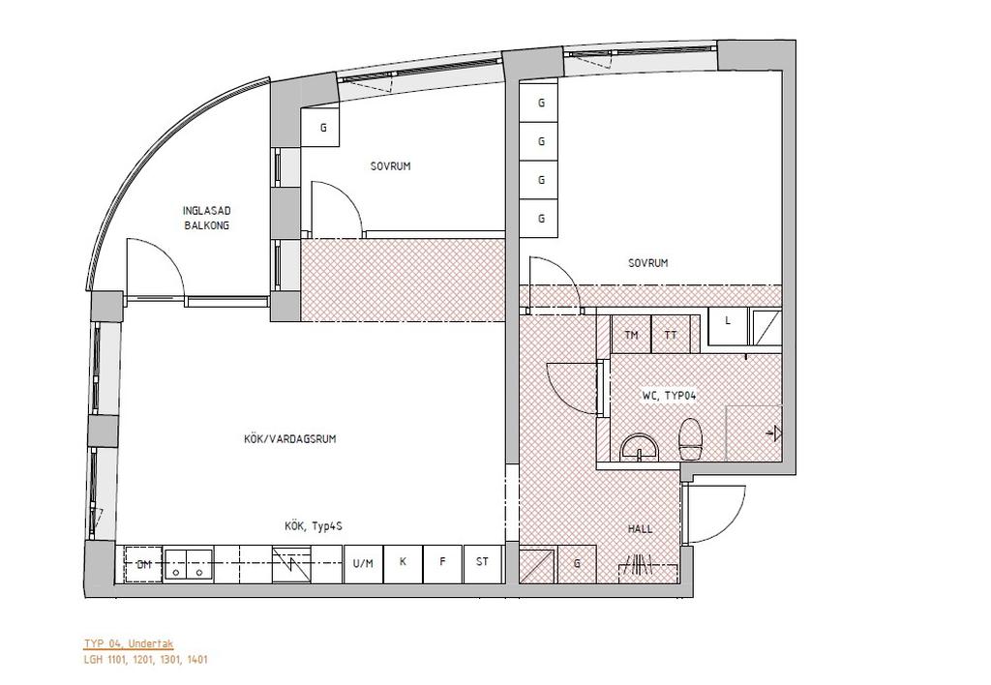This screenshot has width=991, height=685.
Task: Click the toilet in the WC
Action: pos(691,438)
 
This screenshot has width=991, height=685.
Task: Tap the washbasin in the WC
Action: pos(640,447)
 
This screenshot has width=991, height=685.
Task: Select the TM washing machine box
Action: pos(631,335)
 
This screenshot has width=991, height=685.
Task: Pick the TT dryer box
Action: pos(671,335)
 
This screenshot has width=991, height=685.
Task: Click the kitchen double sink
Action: pos(188,564)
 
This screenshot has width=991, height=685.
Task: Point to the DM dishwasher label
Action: pos(145,564)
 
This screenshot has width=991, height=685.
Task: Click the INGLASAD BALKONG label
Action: pos(207,218)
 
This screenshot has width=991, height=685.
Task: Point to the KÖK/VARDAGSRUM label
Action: pos(290,438)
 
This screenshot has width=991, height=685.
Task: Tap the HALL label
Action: pos(641,529)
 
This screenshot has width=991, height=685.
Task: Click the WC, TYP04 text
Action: pos(670,397)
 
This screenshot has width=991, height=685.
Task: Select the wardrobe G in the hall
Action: pos(577,564)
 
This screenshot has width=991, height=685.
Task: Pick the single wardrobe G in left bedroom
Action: pos(323,128)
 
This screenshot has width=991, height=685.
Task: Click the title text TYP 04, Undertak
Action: pos(129,644)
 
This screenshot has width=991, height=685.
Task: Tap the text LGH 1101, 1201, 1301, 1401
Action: pos(146,660)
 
